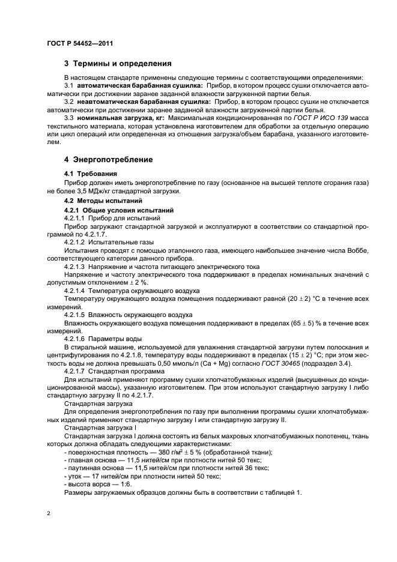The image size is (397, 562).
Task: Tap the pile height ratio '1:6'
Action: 122,483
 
